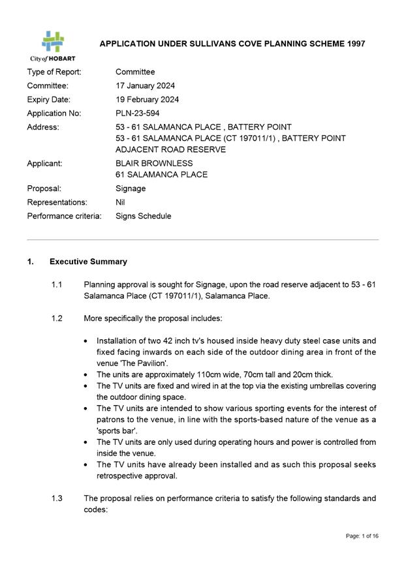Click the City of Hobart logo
coord(52,46)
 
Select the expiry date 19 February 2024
coord(147,100)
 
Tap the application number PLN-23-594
coord(140,113)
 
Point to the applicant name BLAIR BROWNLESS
coord(154,163)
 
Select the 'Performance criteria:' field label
coord(64,216)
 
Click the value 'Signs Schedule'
coord(143,216)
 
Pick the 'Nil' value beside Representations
coord(121,202)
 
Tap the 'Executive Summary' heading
coord(88,262)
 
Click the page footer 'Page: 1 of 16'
coord(362,536)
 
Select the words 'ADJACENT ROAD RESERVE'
coord(170,149)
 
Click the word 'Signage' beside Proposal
coord(131,189)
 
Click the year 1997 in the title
coord(352,44)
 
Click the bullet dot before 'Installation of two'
coord(87,340)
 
